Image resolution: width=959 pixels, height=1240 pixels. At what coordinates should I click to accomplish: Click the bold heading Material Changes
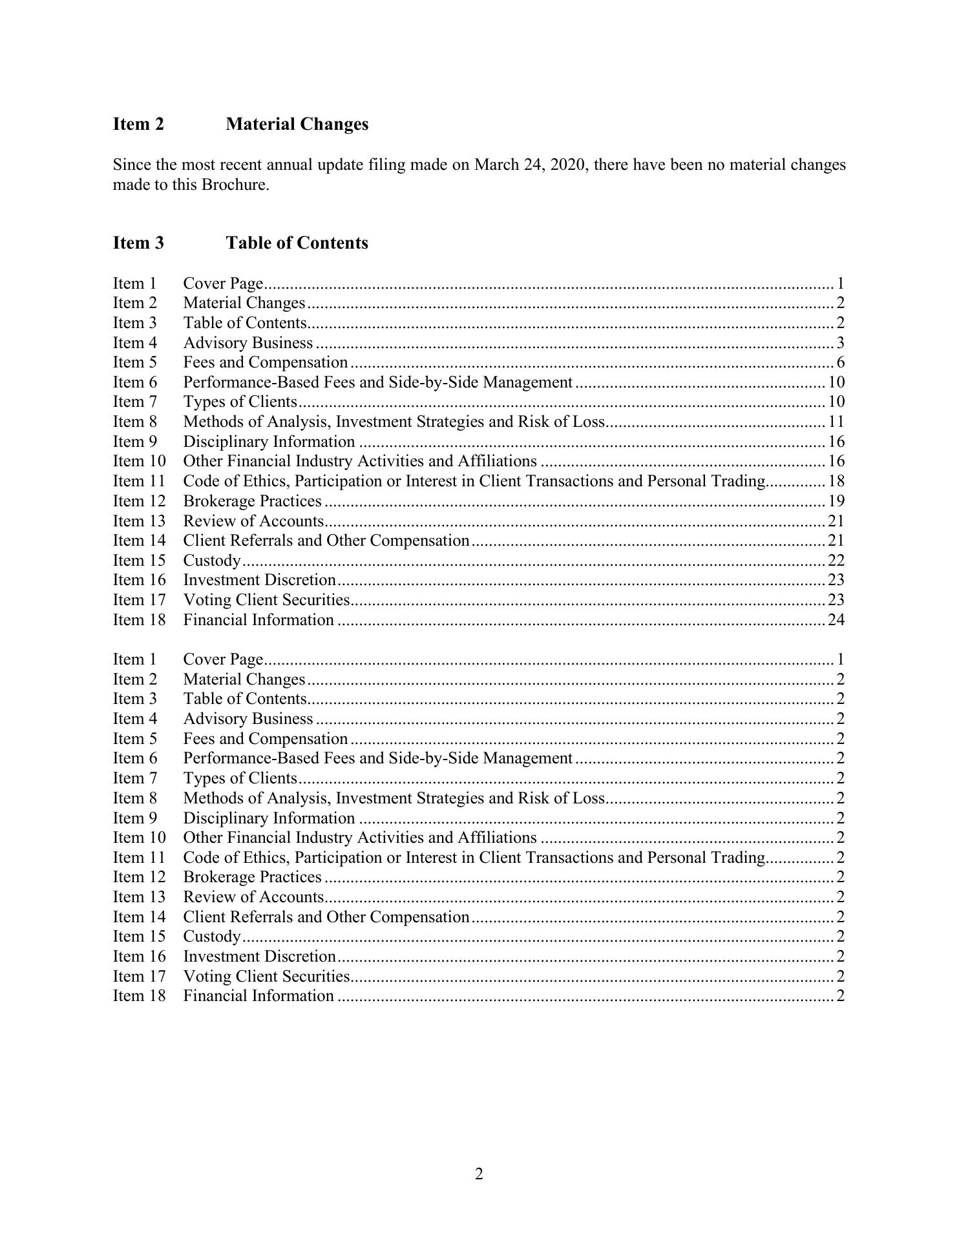pyautogui.click(x=297, y=124)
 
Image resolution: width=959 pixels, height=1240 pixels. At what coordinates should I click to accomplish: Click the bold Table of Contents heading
pyautogui.click(x=297, y=243)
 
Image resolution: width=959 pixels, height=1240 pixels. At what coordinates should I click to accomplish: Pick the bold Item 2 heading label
pyautogui.click(x=138, y=124)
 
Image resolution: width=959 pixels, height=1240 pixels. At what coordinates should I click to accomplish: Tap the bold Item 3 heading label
pyautogui.click(x=138, y=243)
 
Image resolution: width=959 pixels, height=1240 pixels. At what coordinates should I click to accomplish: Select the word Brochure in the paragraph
pyautogui.click(x=235, y=185)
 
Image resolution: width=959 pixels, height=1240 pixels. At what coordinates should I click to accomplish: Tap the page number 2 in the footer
pyautogui.click(x=479, y=1173)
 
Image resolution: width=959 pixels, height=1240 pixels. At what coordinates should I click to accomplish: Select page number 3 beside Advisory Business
pyautogui.click(x=840, y=343)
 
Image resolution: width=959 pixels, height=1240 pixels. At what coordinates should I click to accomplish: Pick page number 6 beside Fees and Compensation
pyautogui.click(x=840, y=362)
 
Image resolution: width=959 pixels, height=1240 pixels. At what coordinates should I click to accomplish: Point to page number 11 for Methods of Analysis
pyautogui.click(x=836, y=422)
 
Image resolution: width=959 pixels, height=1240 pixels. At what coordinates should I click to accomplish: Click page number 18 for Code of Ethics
pyautogui.click(x=836, y=481)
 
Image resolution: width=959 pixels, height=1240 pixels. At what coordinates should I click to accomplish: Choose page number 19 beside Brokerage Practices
pyautogui.click(x=836, y=501)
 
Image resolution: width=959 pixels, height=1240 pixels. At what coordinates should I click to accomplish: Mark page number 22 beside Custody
pyautogui.click(x=836, y=561)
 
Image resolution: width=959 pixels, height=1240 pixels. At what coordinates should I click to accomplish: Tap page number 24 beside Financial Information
pyautogui.click(x=836, y=620)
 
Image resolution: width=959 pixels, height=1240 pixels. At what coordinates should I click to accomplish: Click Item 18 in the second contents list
pyautogui.click(x=139, y=996)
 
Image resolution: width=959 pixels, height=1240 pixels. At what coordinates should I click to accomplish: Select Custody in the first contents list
pyautogui.click(x=212, y=561)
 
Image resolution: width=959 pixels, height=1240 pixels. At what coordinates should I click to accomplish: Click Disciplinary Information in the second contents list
pyautogui.click(x=269, y=818)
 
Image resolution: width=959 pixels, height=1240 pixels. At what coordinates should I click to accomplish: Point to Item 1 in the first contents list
pyautogui.click(x=135, y=284)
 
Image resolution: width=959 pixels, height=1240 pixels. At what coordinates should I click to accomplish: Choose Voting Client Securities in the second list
pyautogui.click(x=266, y=976)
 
